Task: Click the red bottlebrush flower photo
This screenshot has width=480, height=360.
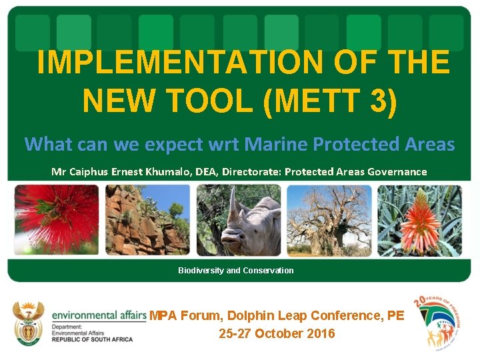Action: click(56, 220)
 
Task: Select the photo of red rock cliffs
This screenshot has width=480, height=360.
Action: click(147, 220)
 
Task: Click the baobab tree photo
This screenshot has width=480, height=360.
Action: click(329, 220)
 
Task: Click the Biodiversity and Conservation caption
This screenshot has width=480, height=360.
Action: click(235, 271)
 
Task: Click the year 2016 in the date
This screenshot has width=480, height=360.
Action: click(320, 333)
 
